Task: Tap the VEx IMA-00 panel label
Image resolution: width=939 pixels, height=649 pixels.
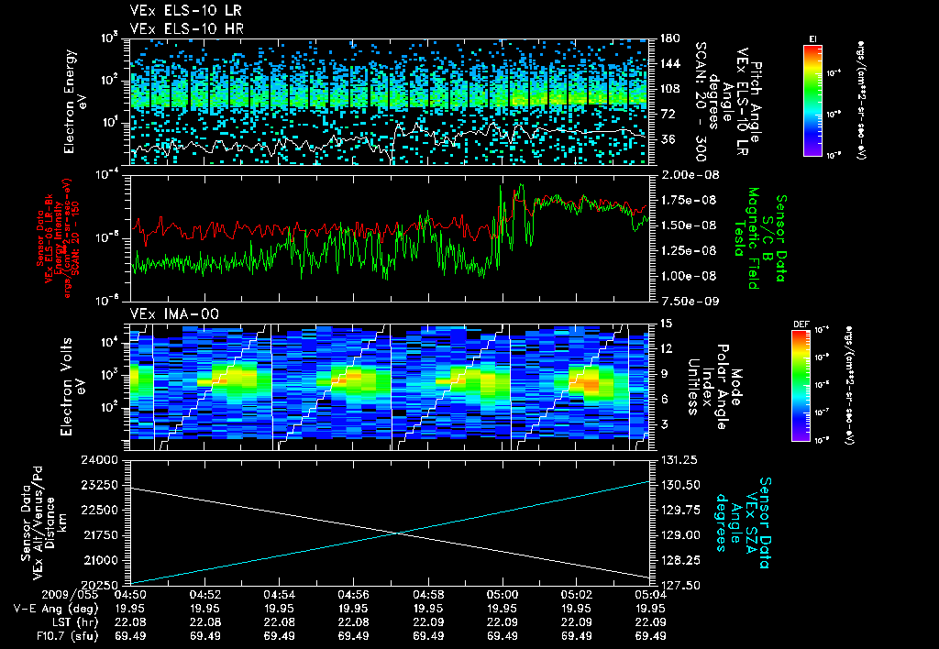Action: pyautogui.click(x=168, y=313)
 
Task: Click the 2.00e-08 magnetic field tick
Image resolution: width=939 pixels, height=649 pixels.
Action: pyautogui.click(x=684, y=174)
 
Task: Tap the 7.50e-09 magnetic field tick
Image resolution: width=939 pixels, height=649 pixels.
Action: pyautogui.click(x=684, y=299)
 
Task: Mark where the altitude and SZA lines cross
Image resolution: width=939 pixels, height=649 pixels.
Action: pyautogui.click(x=397, y=533)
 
